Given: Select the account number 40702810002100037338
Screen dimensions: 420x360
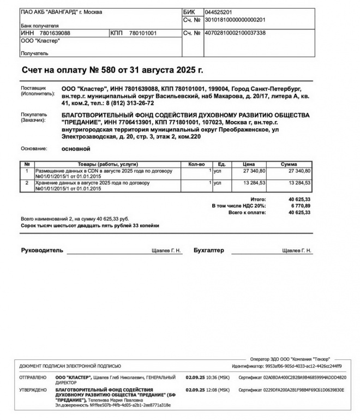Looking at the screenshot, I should (235, 33).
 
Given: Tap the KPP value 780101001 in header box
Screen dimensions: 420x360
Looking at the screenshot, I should (143, 33).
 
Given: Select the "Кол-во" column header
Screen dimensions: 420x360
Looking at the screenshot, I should (196, 164).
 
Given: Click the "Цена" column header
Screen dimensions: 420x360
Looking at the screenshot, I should (249, 164).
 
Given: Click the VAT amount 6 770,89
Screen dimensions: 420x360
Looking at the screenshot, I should (299, 206).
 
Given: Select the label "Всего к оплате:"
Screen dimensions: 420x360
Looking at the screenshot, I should (247, 213).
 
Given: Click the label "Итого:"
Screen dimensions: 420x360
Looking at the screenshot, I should (257, 200).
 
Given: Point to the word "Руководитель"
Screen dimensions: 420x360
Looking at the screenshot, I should (42, 250).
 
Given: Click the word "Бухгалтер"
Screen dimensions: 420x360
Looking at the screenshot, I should (209, 250).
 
